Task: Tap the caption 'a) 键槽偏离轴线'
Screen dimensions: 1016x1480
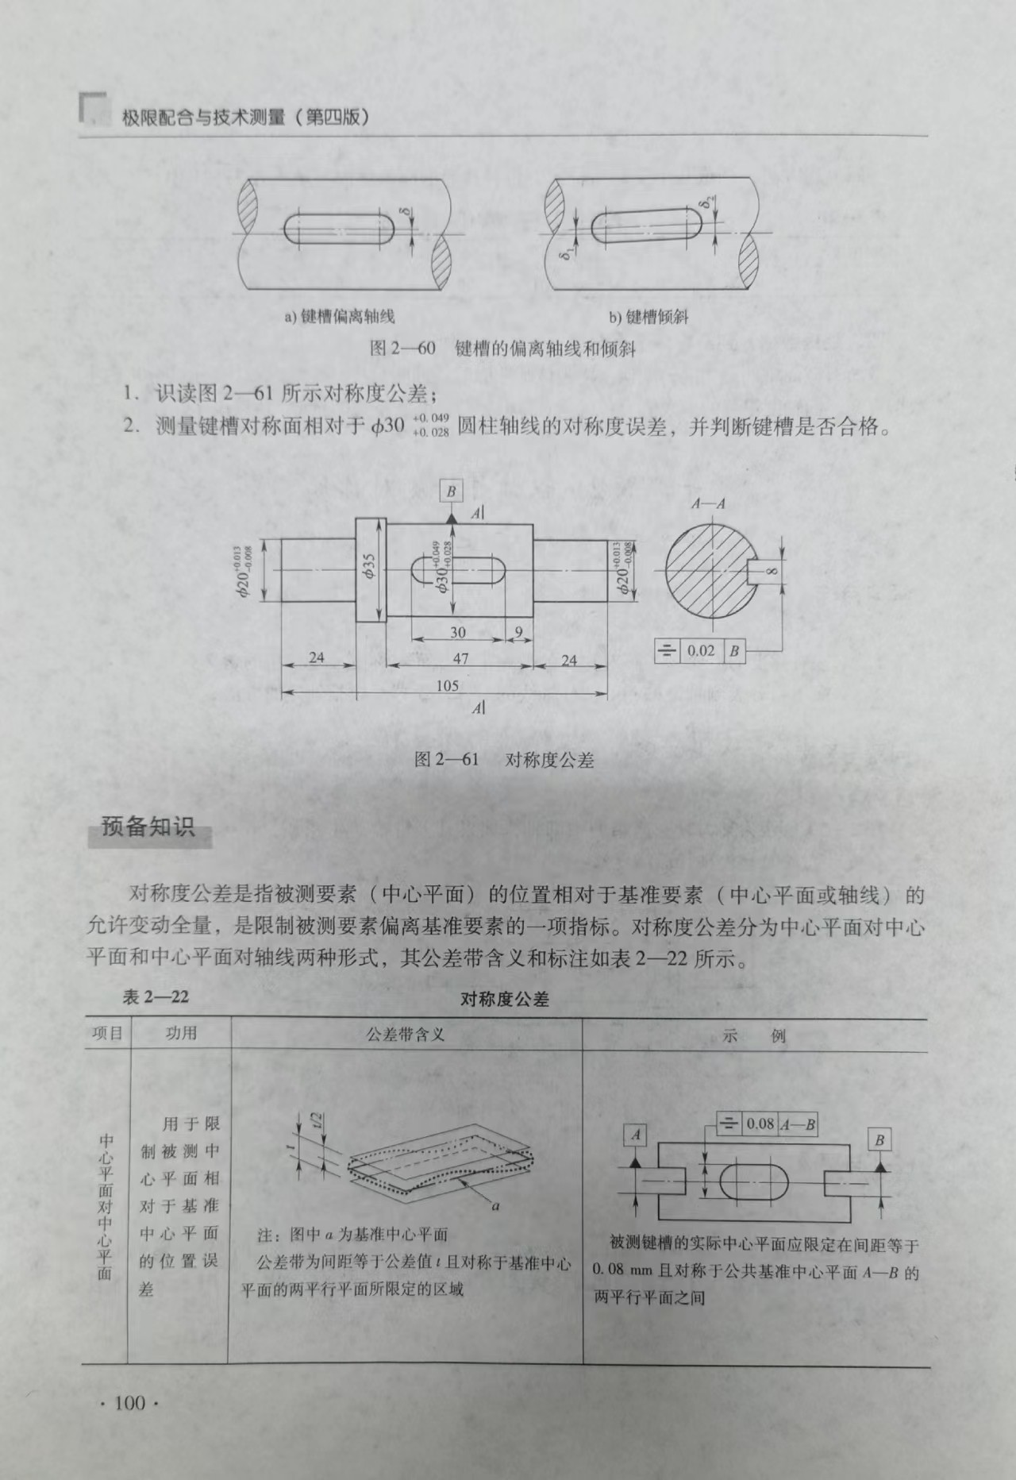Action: click(x=340, y=317)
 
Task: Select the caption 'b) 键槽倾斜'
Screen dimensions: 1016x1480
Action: click(x=648, y=317)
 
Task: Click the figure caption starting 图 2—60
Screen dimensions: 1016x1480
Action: click(x=503, y=349)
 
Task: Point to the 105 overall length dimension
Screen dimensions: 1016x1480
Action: click(x=448, y=684)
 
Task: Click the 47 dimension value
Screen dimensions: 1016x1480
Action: click(x=460, y=658)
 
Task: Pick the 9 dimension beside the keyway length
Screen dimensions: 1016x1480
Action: click(x=518, y=633)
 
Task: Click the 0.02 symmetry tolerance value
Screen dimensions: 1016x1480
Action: click(x=701, y=651)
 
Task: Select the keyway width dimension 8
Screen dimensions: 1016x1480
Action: click(x=772, y=572)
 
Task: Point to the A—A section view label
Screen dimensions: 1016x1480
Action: click(x=708, y=503)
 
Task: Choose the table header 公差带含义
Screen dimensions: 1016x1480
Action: click(x=406, y=1034)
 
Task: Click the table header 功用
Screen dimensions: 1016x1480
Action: click(x=181, y=1033)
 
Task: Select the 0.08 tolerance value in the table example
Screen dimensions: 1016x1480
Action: click(x=760, y=1123)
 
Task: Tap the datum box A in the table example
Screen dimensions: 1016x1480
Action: click(x=637, y=1135)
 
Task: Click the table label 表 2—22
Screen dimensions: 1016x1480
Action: click(x=156, y=996)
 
